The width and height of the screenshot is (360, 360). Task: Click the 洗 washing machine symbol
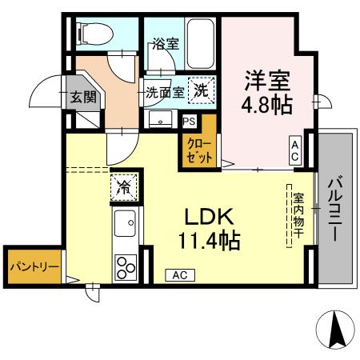(x=202, y=91)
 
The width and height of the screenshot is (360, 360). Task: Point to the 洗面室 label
(x=165, y=92)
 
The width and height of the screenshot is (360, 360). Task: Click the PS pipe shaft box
(x=190, y=122)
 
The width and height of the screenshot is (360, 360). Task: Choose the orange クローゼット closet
(x=199, y=151)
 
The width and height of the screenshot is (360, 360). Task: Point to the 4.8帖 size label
(x=267, y=106)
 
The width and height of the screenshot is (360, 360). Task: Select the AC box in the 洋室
(x=295, y=150)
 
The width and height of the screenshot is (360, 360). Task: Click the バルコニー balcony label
(x=335, y=209)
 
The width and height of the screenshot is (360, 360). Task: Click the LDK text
(x=210, y=216)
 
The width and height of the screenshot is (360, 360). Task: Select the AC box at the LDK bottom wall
(x=180, y=274)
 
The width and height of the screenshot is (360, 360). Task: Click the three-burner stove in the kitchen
(x=126, y=265)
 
